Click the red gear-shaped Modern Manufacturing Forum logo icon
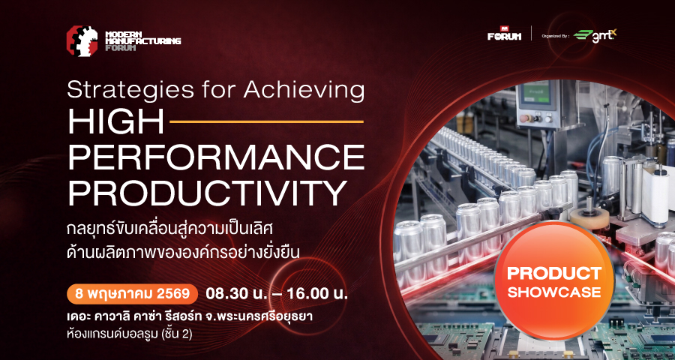82,41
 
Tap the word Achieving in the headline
304,91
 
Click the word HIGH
115,122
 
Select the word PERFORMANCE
216,157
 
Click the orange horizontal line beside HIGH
267,122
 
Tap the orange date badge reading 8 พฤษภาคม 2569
132,294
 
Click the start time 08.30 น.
237,294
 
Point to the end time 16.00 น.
316,294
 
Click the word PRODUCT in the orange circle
554,273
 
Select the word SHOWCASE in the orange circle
554,292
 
